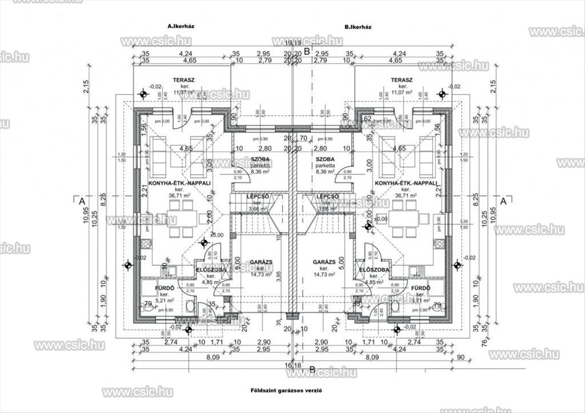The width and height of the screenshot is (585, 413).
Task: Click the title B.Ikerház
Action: coord(357,27)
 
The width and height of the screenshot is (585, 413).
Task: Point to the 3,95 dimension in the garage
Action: coord(278,275)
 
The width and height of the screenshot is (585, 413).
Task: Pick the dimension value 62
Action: coord(368,118)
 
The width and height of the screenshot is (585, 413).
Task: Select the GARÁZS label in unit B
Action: coord(324,262)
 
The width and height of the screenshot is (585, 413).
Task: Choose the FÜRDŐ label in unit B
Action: coord(420,288)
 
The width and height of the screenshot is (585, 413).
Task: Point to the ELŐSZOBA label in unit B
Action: coord(374,270)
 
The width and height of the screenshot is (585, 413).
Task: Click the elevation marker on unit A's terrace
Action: coord(143,94)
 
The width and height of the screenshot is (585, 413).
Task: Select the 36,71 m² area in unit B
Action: coord(405,195)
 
